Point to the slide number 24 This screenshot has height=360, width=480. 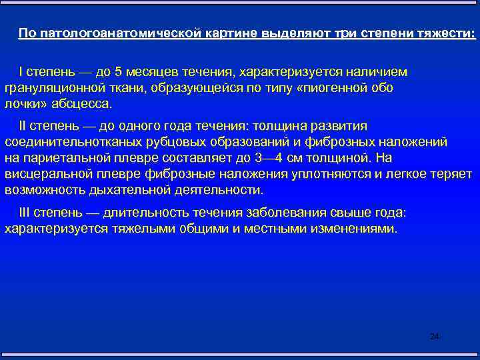[435, 337]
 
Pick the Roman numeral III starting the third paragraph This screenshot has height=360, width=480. [25, 212]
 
